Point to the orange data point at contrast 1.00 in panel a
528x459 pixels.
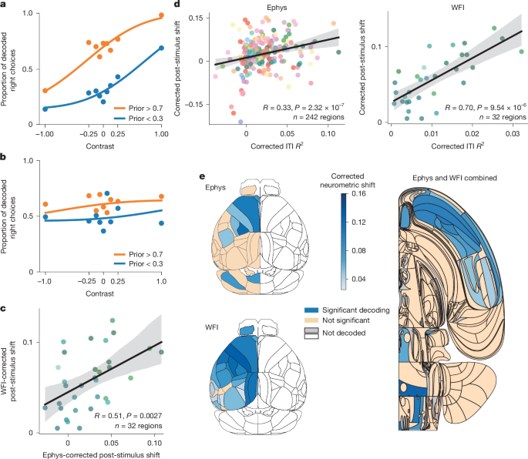click(x=161, y=15)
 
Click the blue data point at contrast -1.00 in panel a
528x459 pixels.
click(x=45, y=109)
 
